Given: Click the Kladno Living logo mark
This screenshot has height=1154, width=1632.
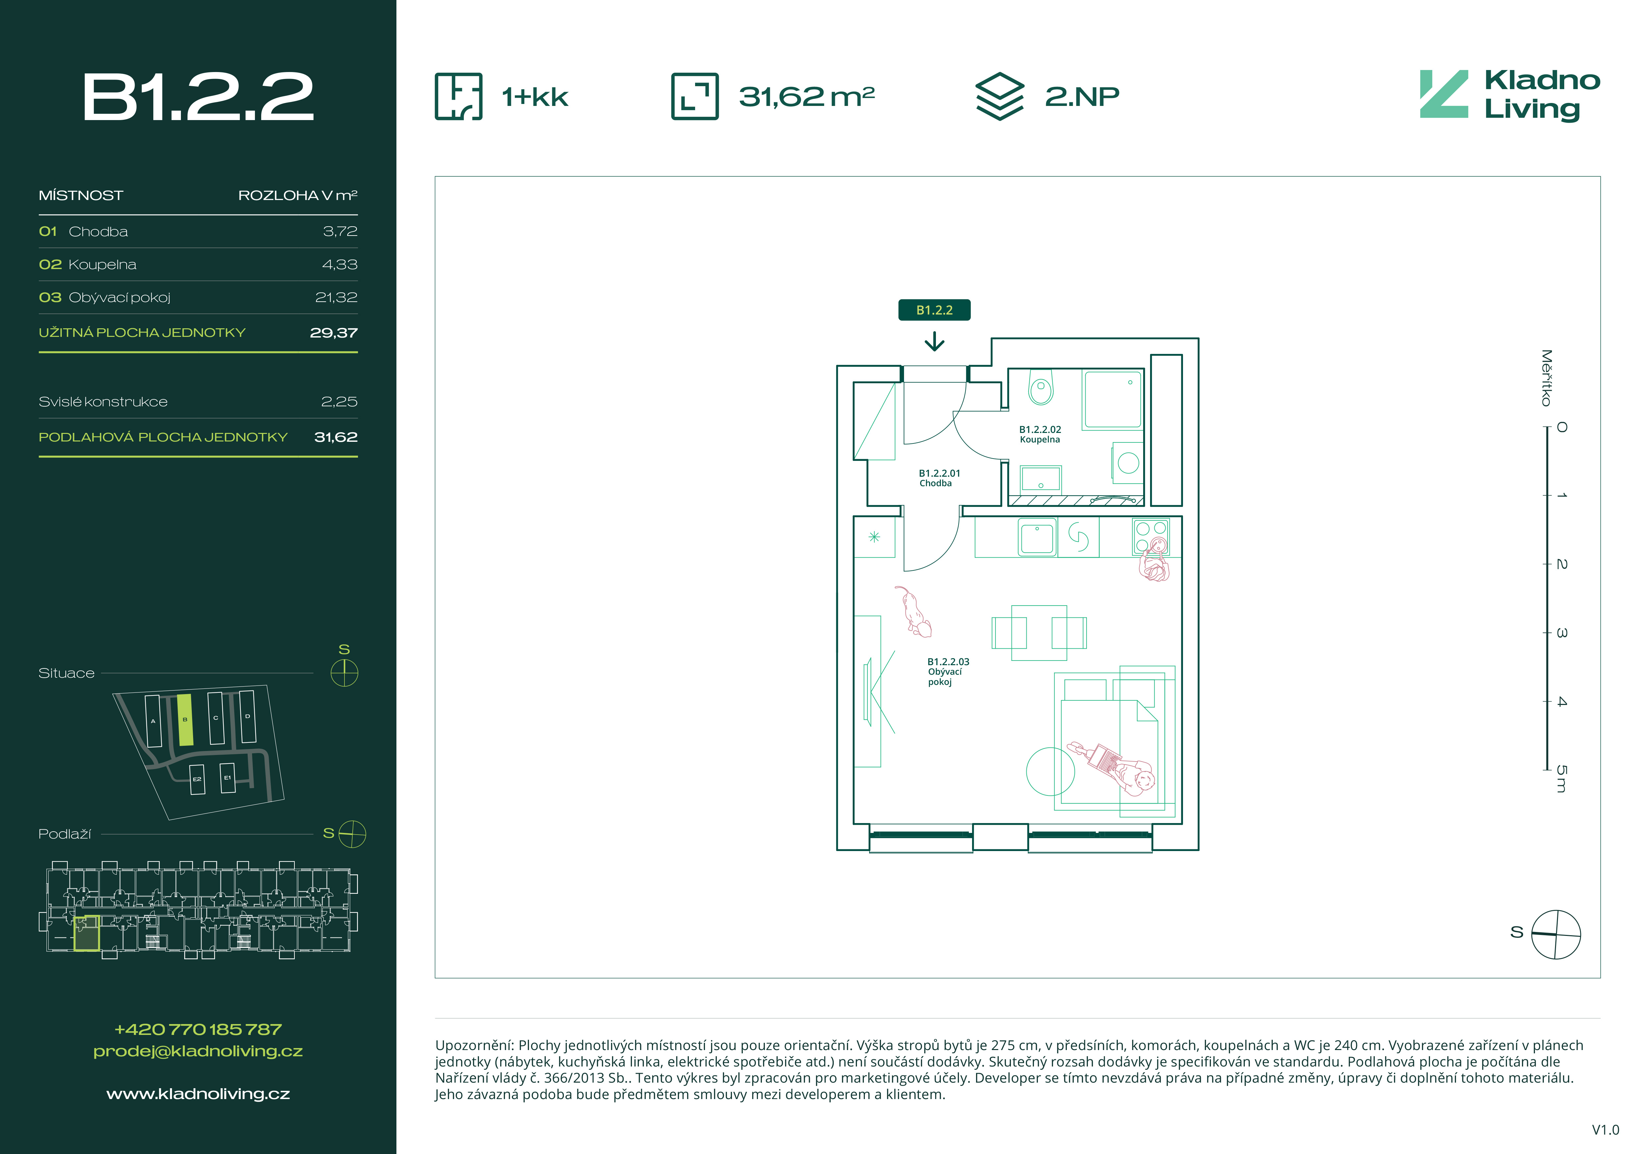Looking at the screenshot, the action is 1444,94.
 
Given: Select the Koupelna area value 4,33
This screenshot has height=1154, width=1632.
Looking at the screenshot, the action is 340,264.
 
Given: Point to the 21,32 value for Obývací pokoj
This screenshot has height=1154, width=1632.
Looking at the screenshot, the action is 336,297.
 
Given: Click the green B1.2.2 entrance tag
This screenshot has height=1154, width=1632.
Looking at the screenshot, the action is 934,310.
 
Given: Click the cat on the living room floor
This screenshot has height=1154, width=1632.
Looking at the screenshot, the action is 914,611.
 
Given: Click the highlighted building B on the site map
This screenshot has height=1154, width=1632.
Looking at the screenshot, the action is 185,720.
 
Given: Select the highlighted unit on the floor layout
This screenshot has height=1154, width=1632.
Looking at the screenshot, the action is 86,933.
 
